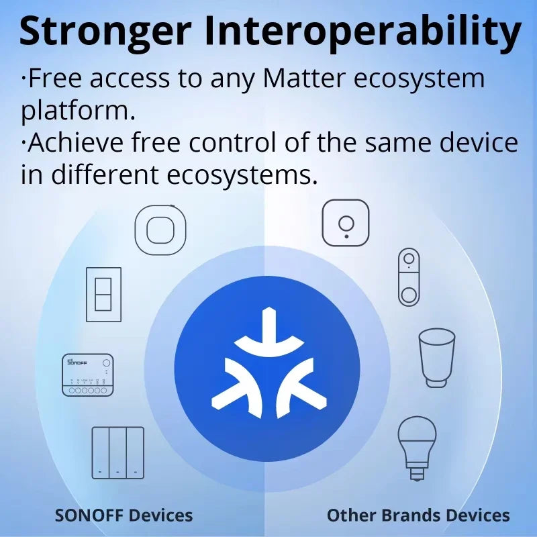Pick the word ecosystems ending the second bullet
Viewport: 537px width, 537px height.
pos(242,175)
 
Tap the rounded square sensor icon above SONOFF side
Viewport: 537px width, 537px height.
pos(160,230)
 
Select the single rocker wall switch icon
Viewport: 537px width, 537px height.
pos(103,294)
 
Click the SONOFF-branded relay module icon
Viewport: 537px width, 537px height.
pos(88,375)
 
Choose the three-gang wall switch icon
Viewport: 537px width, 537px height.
pos(118,452)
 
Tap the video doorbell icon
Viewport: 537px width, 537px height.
pos(409,277)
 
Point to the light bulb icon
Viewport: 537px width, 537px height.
pos(417,443)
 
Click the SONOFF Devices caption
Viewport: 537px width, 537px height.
pos(124,516)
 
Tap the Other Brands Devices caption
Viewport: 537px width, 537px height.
pos(418,516)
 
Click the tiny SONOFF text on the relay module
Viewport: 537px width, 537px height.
pos(78,362)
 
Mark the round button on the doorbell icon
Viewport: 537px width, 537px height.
pos(409,293)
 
